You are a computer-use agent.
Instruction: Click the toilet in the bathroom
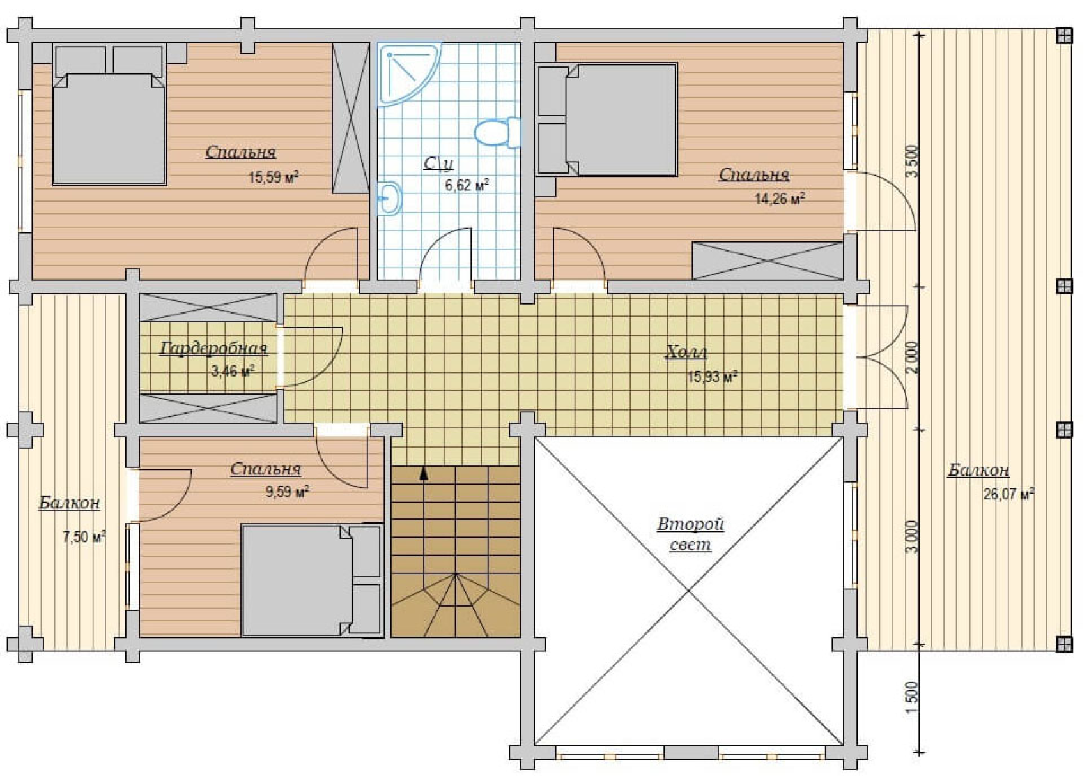(x=497, y=133)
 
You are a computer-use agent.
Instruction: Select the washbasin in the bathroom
(x=389, y=198)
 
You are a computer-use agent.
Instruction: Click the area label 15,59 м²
(x=274, y=177)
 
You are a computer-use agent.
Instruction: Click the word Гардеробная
(x=213, y=349)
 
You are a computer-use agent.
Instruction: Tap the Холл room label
(x=686, y=352)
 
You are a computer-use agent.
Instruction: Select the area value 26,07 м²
(x=1008, y=494)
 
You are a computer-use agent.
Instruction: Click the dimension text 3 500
(x=913, y=162)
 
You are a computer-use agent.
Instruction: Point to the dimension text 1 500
(x=913, y=699)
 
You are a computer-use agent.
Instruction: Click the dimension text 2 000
(x=913, y=358)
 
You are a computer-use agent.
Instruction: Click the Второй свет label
(x=691, y=534)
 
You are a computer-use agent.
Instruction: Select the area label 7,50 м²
(x=84, y=536)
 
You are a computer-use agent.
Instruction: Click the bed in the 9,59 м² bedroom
(x=311, y=580)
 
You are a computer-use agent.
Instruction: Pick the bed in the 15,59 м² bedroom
(x=109, y=115)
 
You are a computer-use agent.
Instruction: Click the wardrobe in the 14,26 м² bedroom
(x=768, y=261)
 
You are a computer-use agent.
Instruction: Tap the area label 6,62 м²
(x=467, y=185)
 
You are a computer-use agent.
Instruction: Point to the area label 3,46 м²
(x=233, y=372)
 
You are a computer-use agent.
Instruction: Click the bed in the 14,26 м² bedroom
(x=608, y=119)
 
